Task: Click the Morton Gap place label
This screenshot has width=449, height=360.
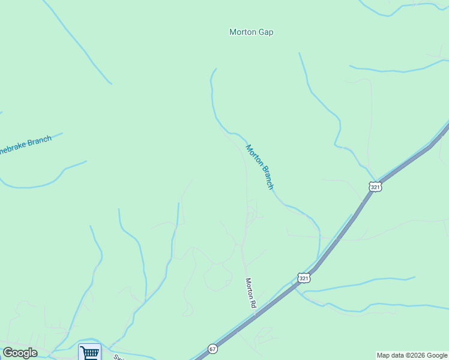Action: (x=251, y=32)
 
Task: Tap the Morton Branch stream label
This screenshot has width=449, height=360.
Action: (x=259, y=167)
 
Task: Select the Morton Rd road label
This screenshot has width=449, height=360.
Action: (x=250, y=293)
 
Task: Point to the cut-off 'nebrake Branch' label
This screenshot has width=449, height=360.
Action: (x=25, y=145)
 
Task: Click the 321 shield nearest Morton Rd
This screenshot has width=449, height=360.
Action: (x=304, y=277)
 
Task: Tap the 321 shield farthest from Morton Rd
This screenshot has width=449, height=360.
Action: (x=375, y=187)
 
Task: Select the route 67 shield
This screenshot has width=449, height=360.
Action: (x=212, y=349)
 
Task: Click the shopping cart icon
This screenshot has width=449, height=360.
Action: (x=89, y=352)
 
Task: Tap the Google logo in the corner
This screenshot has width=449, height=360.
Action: (x=20, y=353)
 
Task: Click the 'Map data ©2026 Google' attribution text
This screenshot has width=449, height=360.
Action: (x=412, y=355)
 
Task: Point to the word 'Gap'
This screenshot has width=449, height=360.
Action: (x=265, y=32)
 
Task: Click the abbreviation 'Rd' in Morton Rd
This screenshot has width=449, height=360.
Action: (x=252, y=304)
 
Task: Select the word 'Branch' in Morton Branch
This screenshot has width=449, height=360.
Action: (x=266, y=178)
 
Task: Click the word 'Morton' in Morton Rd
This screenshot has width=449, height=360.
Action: (x=249, y=287)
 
